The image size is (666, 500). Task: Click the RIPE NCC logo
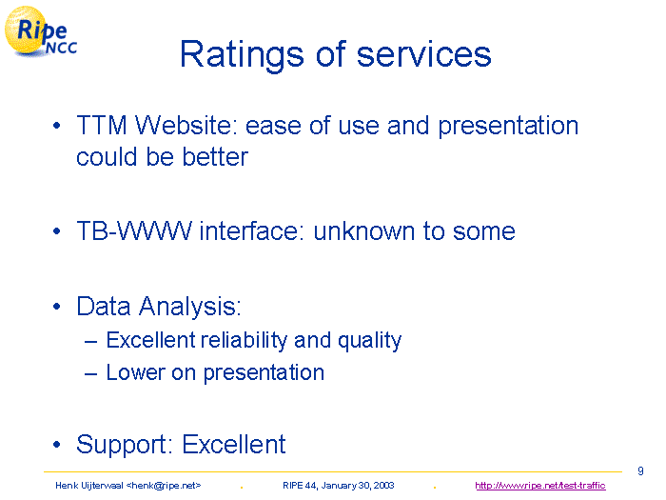[40, 31]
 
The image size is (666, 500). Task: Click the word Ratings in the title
[242, 55]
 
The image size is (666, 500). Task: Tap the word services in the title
[423, 55]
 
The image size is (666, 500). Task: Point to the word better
[215, 157]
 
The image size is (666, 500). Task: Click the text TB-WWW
[134, 230]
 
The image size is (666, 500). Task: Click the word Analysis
[190, 307]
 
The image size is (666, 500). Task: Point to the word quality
[369, 341]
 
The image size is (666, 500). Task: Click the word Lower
[135, 372]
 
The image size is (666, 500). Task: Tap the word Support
[124, 445]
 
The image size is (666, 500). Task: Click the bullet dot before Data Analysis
[57, 307]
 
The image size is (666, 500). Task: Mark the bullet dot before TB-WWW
[57, 231]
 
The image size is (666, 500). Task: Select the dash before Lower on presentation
[91, 373]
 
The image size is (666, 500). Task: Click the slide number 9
[640, 471]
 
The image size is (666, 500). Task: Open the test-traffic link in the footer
[540, 486]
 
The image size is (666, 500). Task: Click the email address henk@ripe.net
[164, 486]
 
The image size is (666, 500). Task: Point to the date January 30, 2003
[358, 486]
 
